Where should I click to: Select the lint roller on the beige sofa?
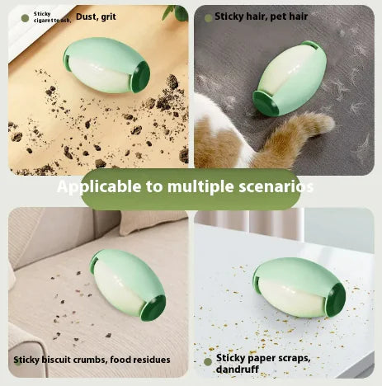tap(128, 285)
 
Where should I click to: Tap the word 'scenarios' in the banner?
tap(273, 186)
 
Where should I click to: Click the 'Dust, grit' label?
tap(96, 16)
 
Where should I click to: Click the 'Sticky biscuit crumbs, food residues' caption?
tap(92, 360)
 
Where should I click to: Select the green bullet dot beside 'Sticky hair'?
tap(207, 16)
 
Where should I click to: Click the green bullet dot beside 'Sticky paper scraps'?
tap(208, 361)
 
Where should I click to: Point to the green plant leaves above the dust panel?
tap(175, 12)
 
